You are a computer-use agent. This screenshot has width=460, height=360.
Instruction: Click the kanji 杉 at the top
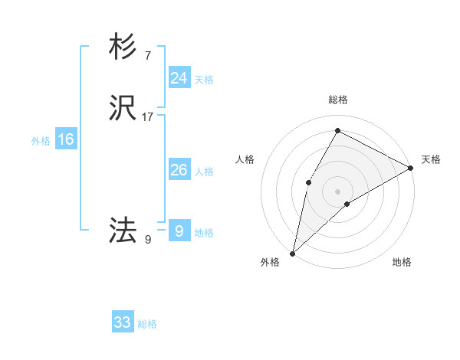(x=123, y=47)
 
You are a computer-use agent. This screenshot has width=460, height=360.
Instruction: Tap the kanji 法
(x=123, y=229)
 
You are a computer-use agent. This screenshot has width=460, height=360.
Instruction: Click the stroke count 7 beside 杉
(x=147, y=55)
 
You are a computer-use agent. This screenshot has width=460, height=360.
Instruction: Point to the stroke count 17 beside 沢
(x=148, y=117)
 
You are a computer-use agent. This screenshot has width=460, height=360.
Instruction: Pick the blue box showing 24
(x=179, y=78)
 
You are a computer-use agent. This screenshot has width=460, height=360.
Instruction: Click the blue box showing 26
(x=179, y=170)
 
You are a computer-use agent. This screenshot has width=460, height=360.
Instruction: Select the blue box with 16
(x=66, y=139)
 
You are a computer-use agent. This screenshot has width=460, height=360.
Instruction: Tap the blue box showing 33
(x=123, y=322)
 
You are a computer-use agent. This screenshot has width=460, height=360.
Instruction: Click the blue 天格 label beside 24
(x=204, y=80)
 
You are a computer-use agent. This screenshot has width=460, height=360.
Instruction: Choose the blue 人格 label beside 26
(x=204, y=172)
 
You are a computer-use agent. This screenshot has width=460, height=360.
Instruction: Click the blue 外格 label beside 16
(x=41, y=141)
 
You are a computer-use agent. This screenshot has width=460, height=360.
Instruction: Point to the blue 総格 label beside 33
(x=147, y=324)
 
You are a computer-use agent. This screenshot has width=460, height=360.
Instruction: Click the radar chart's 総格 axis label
(x=338, y=100)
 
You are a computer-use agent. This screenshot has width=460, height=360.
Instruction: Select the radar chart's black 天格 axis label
(x=431, y=159)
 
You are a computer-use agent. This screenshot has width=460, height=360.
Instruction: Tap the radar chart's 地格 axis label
(x=402, y=262)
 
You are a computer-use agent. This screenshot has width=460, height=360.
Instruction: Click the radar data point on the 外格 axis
(x=292, y=253)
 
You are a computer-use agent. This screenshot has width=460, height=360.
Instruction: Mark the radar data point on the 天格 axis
(x=411, y=168)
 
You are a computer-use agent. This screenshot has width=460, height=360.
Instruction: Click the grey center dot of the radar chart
(x=338, y=191)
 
